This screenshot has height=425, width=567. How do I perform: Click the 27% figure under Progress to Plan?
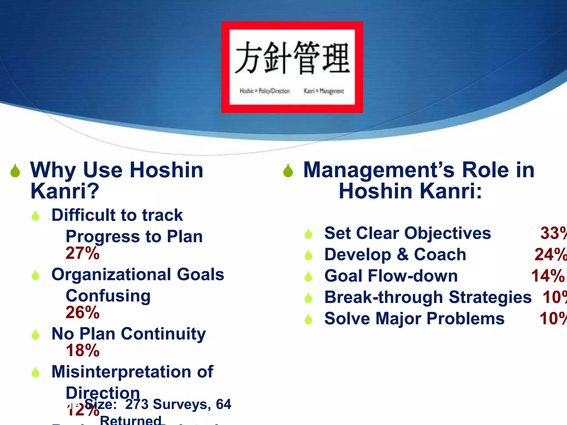(83, 253)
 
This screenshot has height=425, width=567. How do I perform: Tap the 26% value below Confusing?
(83, 312)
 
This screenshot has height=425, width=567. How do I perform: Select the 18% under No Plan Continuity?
(83, 350)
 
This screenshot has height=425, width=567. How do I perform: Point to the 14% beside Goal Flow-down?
(548, 276)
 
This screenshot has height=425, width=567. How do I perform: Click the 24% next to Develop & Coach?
(550, 255)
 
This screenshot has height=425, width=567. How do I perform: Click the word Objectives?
(447, 233)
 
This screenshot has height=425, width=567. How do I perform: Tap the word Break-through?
(383, 297)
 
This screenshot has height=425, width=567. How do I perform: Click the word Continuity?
(163, 334)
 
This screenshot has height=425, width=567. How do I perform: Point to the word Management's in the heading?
(379, 170)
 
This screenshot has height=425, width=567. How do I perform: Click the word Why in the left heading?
(53, 170)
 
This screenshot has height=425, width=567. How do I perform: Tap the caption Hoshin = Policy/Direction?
(264, 91)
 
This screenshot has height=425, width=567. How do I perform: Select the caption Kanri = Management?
(324, 91)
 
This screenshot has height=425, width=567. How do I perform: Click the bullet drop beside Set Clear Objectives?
(308, 234)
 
